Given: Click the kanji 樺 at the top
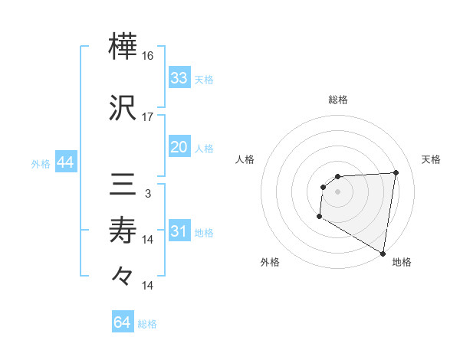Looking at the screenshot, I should point(123,47).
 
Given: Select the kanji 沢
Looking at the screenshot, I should point(123,108).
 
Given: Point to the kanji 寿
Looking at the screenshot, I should point(123,229).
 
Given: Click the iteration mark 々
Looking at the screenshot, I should point(123,274).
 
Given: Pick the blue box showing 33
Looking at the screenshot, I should point(179,78).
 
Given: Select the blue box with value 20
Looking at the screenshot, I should point(179,147).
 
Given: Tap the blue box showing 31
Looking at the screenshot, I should point(179,232).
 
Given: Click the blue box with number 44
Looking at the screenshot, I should point(64,163).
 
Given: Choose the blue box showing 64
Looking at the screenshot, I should point(123,322).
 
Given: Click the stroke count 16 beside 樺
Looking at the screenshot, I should point(148,57).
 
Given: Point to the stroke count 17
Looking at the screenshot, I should point(148,117).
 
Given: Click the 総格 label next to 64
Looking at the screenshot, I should point(147,324).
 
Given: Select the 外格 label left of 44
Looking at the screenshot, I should point(41,164).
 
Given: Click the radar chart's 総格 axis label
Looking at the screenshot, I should point(337,100).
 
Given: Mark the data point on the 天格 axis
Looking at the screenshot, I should point(396,172).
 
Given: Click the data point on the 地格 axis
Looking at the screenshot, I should point(383,254).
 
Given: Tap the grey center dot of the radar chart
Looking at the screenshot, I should point(337,191).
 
